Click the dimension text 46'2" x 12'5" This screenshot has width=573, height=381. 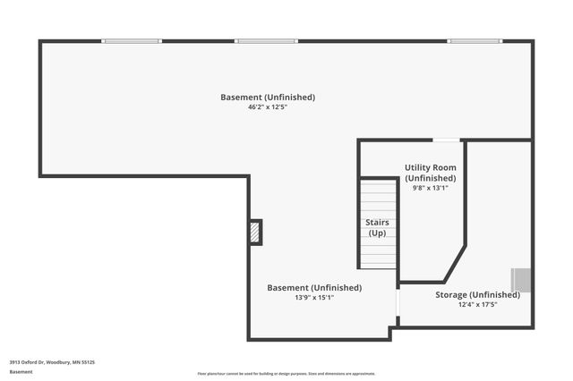(x=268, y=107)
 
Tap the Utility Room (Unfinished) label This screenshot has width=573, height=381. (x=431, y=174)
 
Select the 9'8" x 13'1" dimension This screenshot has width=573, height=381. (x=431, y=188)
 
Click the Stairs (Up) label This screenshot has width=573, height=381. (x=377, y=227)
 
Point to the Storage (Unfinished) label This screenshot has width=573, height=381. (x=477, y=294)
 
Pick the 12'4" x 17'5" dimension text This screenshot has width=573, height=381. (x=477, y=304)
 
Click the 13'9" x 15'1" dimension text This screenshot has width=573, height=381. (x=314, y=297)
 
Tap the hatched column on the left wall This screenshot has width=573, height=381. (x=256, y=232)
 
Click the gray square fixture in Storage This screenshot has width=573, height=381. (x=521, y=280)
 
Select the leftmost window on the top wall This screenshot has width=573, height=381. (x=132, y=40)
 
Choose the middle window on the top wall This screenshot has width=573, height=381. (x=266, y=40)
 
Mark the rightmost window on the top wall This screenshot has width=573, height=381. (x=475, y=40)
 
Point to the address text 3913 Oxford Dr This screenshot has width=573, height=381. (x=52, y=361)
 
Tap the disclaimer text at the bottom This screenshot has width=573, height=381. (x=286, y=374)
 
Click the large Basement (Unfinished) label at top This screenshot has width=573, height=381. (x=268, y=97)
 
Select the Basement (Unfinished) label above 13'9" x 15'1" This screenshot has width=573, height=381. (x=314, y=287)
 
